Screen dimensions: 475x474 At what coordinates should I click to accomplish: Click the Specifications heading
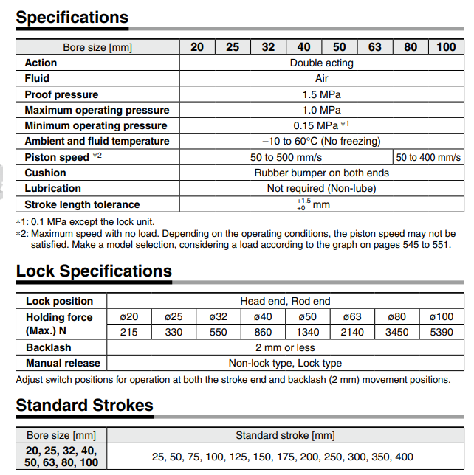point(72,17)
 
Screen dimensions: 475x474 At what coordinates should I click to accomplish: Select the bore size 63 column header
point(375,47)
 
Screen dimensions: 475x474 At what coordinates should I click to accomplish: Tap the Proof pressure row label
point(61,94)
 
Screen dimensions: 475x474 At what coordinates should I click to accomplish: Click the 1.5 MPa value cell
point(321,94)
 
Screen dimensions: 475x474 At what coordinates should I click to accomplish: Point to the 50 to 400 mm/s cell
point(428,157)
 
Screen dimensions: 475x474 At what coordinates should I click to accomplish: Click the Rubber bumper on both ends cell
point(321,173)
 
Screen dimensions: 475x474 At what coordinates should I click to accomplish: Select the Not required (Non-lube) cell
point(321,188)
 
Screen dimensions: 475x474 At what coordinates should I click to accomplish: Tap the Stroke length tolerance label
point(82,204)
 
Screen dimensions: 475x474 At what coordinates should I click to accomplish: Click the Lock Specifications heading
point(94,271)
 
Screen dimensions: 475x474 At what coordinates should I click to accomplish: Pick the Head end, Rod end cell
point(285,301)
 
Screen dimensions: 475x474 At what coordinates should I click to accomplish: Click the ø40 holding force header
point(263,316)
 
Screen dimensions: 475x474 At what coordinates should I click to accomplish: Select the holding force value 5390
point(442,332)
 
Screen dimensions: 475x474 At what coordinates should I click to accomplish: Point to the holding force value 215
point(128,332)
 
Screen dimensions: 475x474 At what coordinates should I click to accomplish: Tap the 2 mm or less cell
point(285,347)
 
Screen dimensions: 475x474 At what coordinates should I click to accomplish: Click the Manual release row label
point(63,363)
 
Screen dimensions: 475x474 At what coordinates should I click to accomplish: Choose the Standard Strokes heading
point(84,405)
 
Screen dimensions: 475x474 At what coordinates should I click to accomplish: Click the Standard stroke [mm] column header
point(285,435)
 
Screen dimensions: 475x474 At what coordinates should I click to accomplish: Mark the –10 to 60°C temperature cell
point(321,141)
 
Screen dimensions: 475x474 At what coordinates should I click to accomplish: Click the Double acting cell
point(321,63)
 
